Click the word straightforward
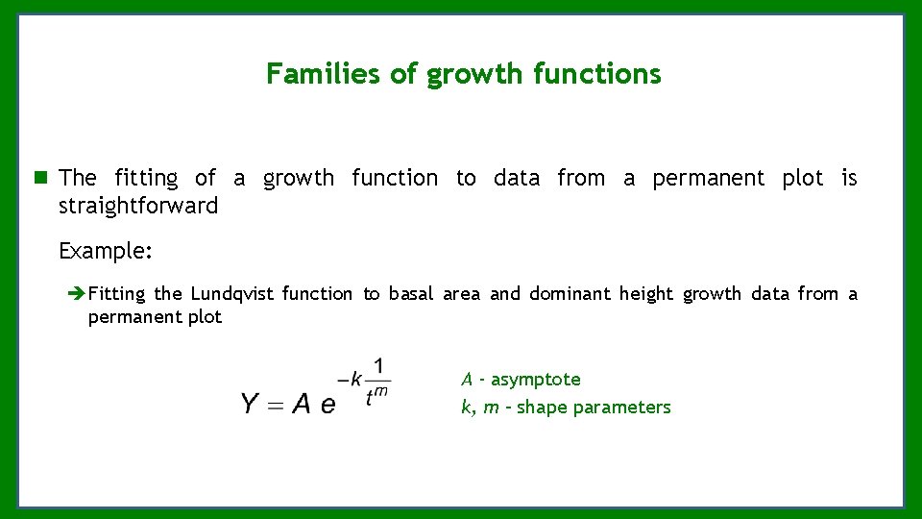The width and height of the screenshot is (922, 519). [138, 206]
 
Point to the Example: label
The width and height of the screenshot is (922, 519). [106, 251]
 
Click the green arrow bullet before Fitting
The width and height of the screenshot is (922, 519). [78, 294]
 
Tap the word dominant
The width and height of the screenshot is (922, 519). [569, 294]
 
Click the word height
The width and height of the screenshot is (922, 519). [646, 294]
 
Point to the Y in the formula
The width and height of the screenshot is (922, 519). [250, 404]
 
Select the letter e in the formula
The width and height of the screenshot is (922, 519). [328, 406]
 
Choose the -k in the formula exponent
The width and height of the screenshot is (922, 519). [350, 381]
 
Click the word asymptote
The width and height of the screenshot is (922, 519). [536, 380]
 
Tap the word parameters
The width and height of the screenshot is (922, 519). [625, 408]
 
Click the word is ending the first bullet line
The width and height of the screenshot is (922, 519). [849, 178]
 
